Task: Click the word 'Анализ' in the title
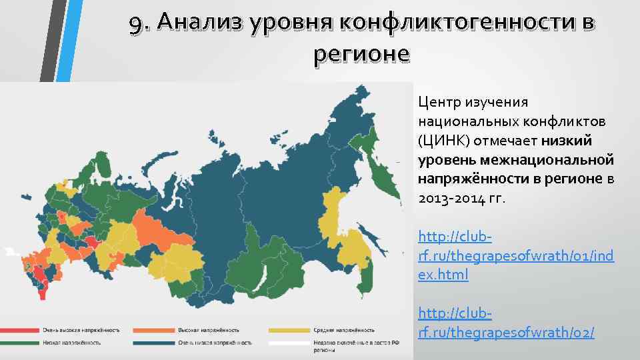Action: click(201, 23)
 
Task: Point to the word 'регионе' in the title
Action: click(361, 54)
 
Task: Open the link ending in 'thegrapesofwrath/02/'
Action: click(506, 331)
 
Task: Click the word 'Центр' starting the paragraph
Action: click(437, 103)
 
